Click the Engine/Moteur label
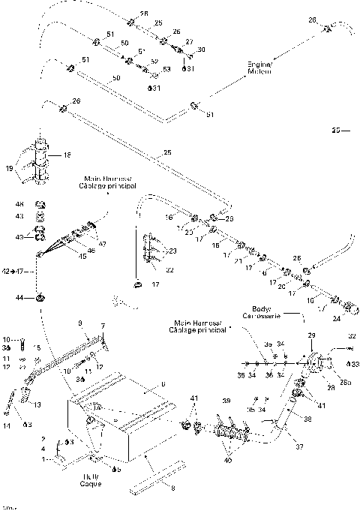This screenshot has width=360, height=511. coord(259,68)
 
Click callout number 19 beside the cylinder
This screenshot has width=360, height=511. coord(9,170)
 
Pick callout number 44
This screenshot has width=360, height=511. coord(21,298)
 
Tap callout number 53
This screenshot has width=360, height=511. coord(166,69)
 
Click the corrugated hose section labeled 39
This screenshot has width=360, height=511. coord(232,435)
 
